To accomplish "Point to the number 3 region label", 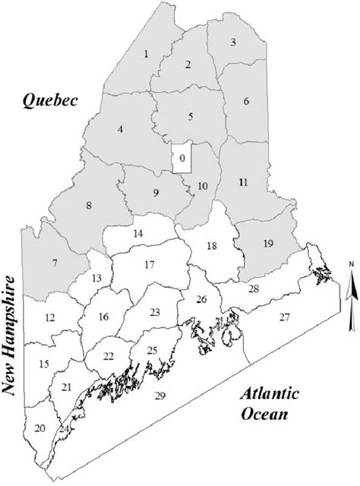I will point(233,41).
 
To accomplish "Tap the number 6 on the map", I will point(245,101).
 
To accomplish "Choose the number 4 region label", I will point(120,130).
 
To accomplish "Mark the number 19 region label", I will point(267,243).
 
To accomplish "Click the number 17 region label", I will point(149,264).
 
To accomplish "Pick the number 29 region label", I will point(159,396).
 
